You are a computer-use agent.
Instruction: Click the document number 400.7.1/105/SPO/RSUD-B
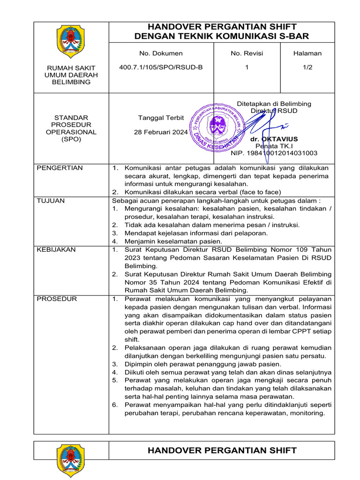161,67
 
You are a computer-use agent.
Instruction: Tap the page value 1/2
307,67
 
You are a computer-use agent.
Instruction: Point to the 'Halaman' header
307,53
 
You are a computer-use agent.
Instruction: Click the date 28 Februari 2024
161,132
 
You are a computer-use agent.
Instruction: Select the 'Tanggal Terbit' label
161,118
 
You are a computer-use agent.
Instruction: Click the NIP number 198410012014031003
274,153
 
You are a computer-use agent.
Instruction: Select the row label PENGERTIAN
60,168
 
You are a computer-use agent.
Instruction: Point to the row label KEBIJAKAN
56,250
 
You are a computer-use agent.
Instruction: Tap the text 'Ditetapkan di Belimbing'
274,104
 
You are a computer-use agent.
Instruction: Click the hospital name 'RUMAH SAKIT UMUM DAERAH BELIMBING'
71,75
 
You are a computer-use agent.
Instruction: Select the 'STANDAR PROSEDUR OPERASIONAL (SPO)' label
71,128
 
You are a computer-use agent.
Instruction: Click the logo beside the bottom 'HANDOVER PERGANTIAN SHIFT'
71,462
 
